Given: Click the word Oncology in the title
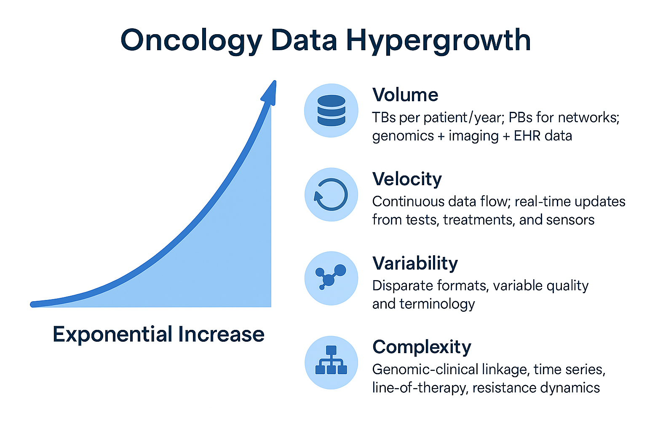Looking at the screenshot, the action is tap(192, 41).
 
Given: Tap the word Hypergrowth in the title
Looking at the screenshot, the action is tap(438, 41).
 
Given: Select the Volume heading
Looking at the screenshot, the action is tap(405, 94).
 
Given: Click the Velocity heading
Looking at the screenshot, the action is tap(407, 179).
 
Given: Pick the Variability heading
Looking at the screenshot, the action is tap(415, 264).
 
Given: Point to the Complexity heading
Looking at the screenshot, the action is tap(422, 347).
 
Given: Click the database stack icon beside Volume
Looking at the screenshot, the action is tap(332, 111).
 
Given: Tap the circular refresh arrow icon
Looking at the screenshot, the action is tap(331, 194).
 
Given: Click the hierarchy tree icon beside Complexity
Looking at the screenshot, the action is tap(332, 360).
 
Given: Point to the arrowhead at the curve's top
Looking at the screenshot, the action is tap(270, 92).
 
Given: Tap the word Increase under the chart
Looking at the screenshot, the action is tap(221, 334).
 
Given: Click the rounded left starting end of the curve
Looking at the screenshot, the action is tap(33, 304).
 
